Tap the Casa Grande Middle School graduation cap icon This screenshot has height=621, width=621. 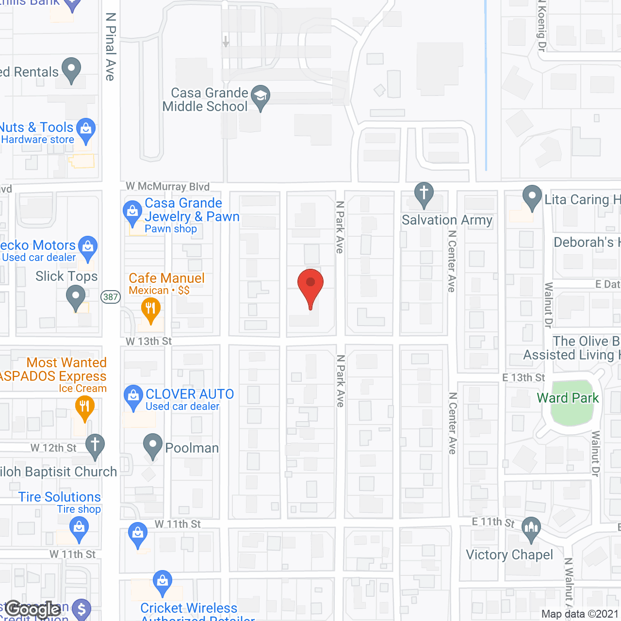(261, 96)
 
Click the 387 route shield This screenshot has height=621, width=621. (111, 297)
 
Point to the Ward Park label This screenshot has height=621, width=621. (568, 398)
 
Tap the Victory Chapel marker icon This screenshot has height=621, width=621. (532, 528)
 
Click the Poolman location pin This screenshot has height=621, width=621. (153, 444)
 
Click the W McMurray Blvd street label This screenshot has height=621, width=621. (168, 186)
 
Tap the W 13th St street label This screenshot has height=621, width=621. (148, 342)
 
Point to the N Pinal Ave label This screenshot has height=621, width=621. (111, 47)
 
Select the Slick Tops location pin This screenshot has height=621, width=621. (75, 296)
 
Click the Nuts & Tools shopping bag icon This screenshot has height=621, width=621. (86, 129)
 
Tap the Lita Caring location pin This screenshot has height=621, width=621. (532, 196)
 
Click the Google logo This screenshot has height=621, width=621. (33, 609)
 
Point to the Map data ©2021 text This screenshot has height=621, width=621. (580, 614)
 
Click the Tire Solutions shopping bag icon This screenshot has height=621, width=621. (79, 527)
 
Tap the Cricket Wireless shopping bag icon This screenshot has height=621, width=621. (162, 581)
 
